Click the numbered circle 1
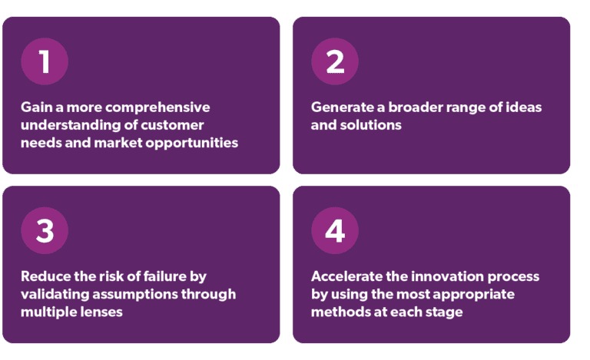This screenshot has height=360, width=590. pos(45,61)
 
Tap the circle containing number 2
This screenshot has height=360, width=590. pos(334,61)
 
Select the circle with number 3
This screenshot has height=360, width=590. pos(45,231)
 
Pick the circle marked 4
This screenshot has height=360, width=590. pos(334,231)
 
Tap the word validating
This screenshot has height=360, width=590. pos(51,294)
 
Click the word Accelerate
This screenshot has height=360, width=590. pos(347,276)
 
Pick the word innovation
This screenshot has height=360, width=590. pos(448,276)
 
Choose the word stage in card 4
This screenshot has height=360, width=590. pos(443,312)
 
